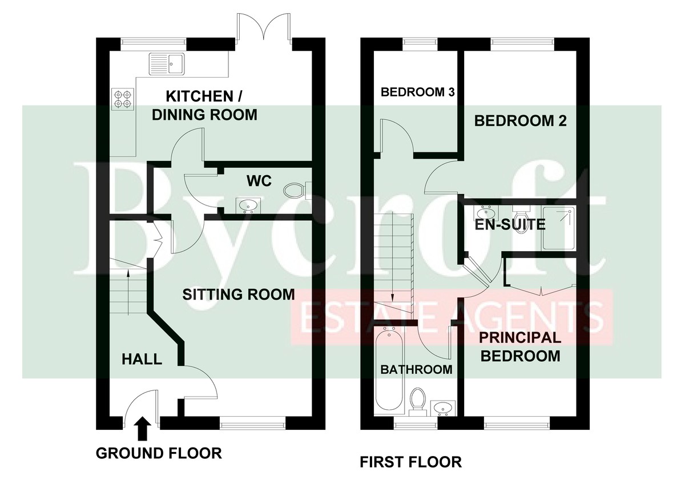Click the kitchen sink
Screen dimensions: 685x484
167,64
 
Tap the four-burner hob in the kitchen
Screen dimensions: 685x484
123,99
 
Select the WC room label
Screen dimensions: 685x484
259,181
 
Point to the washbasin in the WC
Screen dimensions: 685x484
248,205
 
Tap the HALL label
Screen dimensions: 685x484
142,359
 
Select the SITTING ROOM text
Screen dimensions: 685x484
239,295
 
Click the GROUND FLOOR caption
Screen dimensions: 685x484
159,453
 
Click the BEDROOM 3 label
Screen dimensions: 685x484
418,92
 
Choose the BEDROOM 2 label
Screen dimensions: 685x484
520,121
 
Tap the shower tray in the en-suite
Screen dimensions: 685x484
559,228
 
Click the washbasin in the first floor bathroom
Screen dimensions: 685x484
443,408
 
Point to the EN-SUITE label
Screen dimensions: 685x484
510,225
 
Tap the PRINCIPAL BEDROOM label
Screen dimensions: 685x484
520,347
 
